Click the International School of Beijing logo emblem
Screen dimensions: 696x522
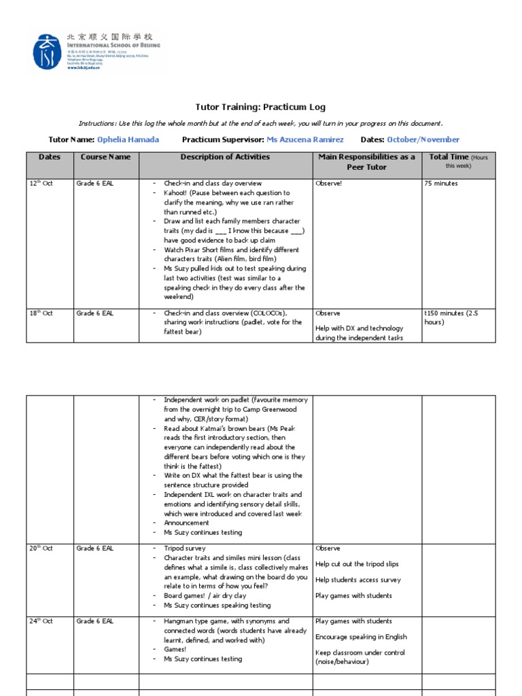tap(47, 52)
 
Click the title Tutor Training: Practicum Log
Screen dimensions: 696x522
tap(260, 107)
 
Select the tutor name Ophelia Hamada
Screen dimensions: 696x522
tap(128, 139)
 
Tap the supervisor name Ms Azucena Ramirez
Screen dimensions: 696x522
tap(304, 139)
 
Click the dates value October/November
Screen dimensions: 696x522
tap(423, 139)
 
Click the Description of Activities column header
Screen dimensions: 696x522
tap(225, 157)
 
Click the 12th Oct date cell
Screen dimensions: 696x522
tap(41, 184)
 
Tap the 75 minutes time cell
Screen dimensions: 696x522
tap(440, 184)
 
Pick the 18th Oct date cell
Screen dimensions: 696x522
tap(41, 313)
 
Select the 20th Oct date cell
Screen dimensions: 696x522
tap(41, 549)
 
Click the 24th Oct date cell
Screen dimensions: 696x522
tap(41, 621)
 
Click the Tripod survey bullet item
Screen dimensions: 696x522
tap(184, 549)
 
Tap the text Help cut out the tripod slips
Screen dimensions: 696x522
tap(357, 564)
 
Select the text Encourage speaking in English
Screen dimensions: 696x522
tap(361, 637)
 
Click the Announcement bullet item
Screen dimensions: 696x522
tap(186, 523)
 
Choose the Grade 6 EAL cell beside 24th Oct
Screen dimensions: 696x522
tap(94, 621)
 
